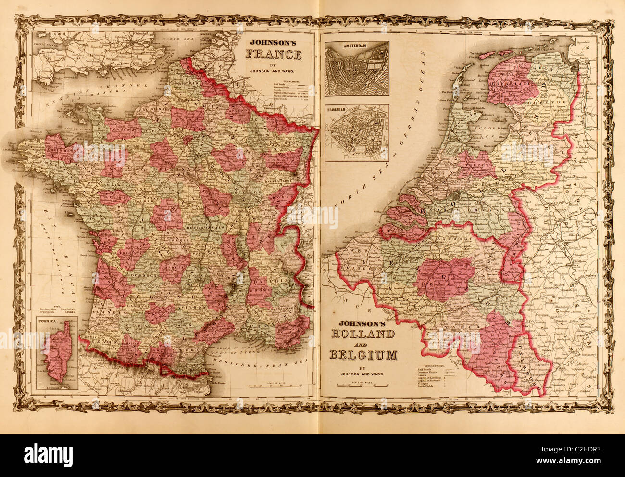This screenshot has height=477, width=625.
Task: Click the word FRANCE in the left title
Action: pyautogui.click(x=275, y=54)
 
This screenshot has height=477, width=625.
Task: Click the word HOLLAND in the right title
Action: pyautogui.click(x=362, y=334)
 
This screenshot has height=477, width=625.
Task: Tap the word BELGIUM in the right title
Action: pyautogui.click(x=362, y=355)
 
